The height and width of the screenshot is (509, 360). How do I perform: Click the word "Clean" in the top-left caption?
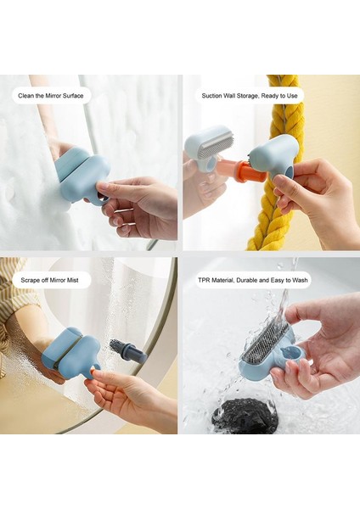pyautogui.click(x=28, y=96)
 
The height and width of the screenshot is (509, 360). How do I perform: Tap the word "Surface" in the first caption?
pyautogui.click(x=71, y=96)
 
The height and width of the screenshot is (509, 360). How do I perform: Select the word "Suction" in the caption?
pyautogui.click(x=213, y=96)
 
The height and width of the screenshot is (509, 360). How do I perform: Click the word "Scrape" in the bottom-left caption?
pyautogui.click(x=31, y=279)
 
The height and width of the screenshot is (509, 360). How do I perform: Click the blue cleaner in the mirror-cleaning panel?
pyautogui.click(x=82, y=174)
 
